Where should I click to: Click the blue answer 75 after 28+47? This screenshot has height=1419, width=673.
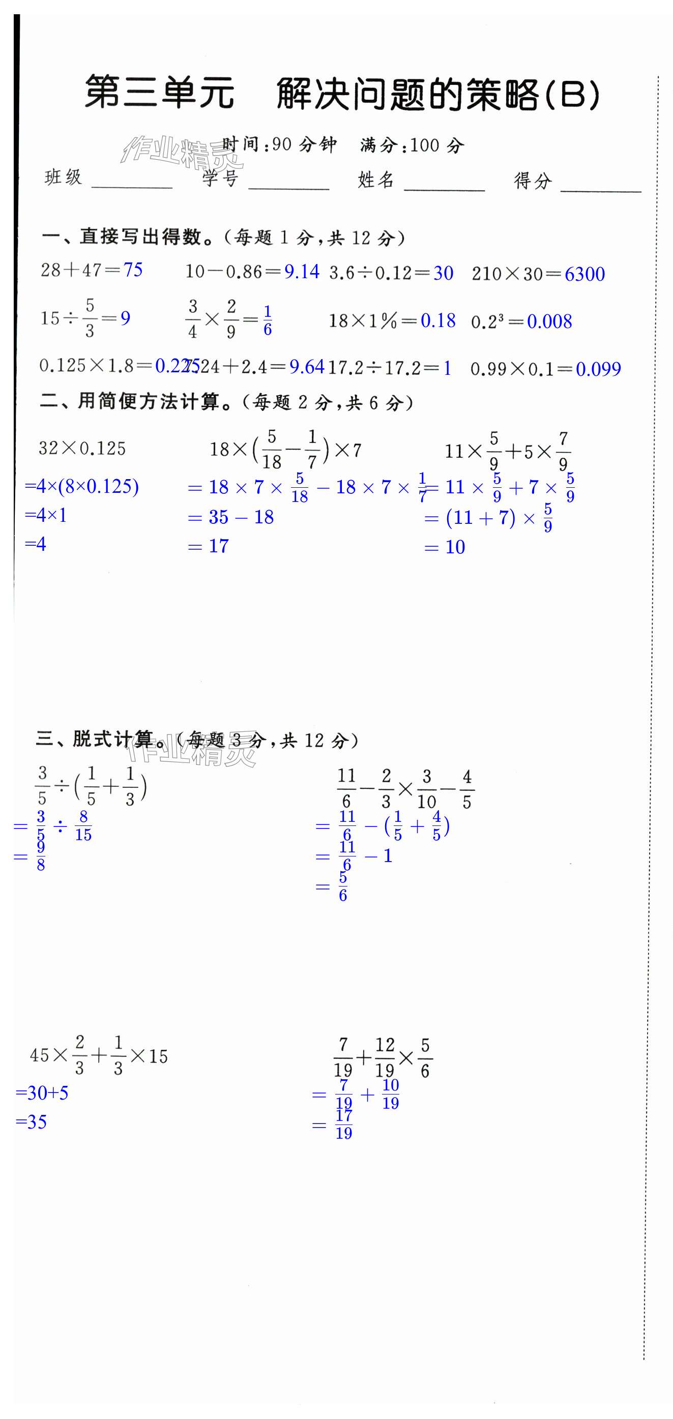point(133,270)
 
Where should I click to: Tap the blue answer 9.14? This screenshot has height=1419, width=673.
point(302,272)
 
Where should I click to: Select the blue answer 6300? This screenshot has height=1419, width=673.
point(584,274)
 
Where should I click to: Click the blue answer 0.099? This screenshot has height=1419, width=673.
point(598,369)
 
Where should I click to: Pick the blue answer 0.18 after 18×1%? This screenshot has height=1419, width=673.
point(438,320)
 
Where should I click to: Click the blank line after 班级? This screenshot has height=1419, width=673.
point(132,182)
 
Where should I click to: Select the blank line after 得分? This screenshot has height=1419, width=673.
point(600,185)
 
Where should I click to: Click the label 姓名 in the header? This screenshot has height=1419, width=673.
point(375,180)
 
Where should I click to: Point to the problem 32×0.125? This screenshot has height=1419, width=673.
point(82,449)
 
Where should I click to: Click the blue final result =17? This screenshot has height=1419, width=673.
point(209,546)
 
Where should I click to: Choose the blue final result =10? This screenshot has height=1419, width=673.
point(445,547)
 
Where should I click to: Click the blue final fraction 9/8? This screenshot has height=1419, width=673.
point(41,856)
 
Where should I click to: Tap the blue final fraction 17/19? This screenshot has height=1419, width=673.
point(344,1125)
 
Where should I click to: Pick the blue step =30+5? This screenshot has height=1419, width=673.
point(42,1093)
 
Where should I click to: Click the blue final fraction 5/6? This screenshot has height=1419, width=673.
point(342,886)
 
